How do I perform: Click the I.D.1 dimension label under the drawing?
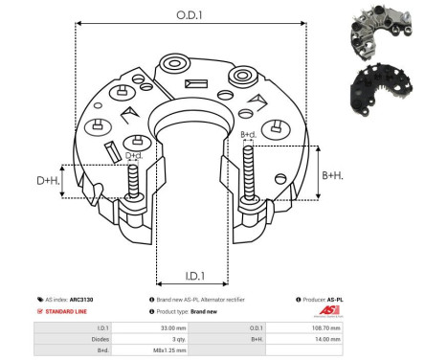(x=191, y=277)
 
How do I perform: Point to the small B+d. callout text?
(x=248, y=134)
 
